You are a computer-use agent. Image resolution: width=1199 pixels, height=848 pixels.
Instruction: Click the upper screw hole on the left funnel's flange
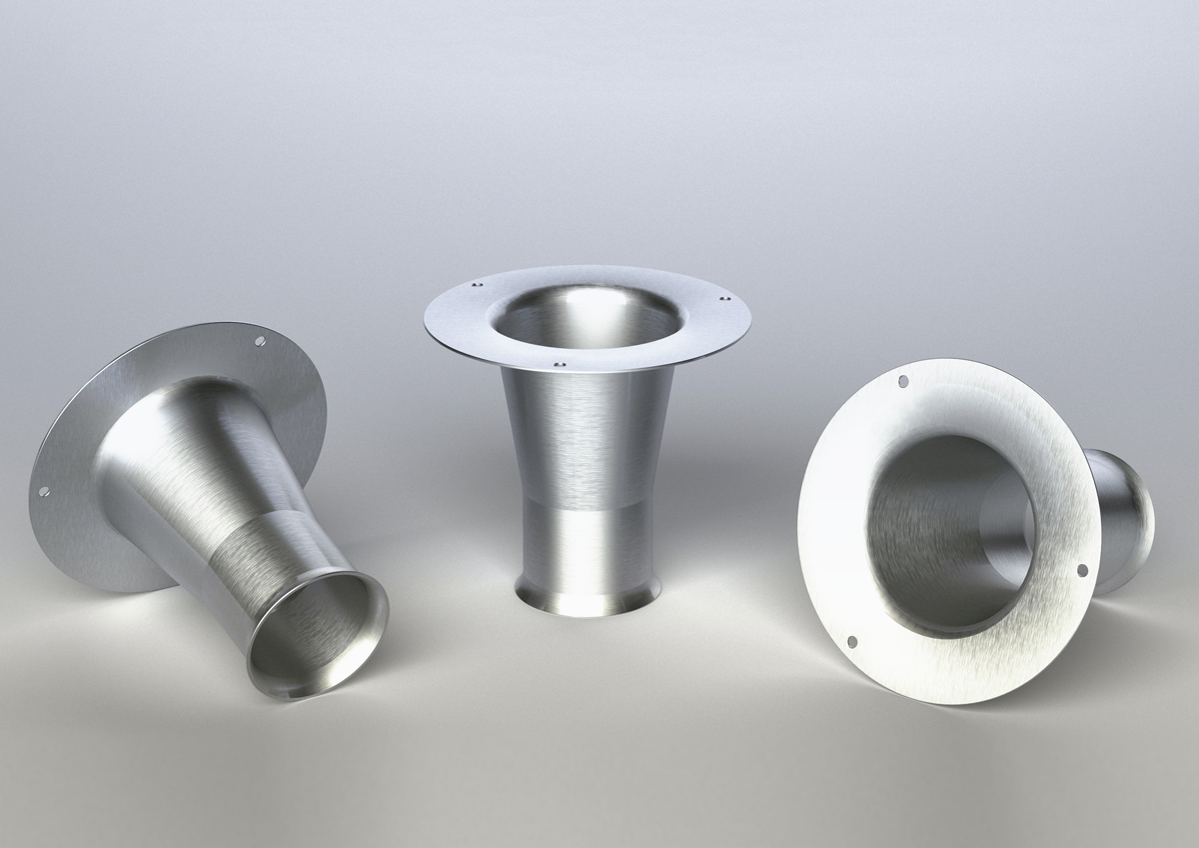coord(261,342)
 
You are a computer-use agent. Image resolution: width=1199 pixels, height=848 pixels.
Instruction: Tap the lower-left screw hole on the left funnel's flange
coord(43,491)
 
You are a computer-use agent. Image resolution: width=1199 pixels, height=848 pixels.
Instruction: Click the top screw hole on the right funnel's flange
coord(903,382)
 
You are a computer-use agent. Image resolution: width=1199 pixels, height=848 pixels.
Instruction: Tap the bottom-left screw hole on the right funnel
coord(851,641)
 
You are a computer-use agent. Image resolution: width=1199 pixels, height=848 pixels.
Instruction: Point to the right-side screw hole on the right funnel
coord(1082,570)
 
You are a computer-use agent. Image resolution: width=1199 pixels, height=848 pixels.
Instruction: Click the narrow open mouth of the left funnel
coord(317,635)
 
